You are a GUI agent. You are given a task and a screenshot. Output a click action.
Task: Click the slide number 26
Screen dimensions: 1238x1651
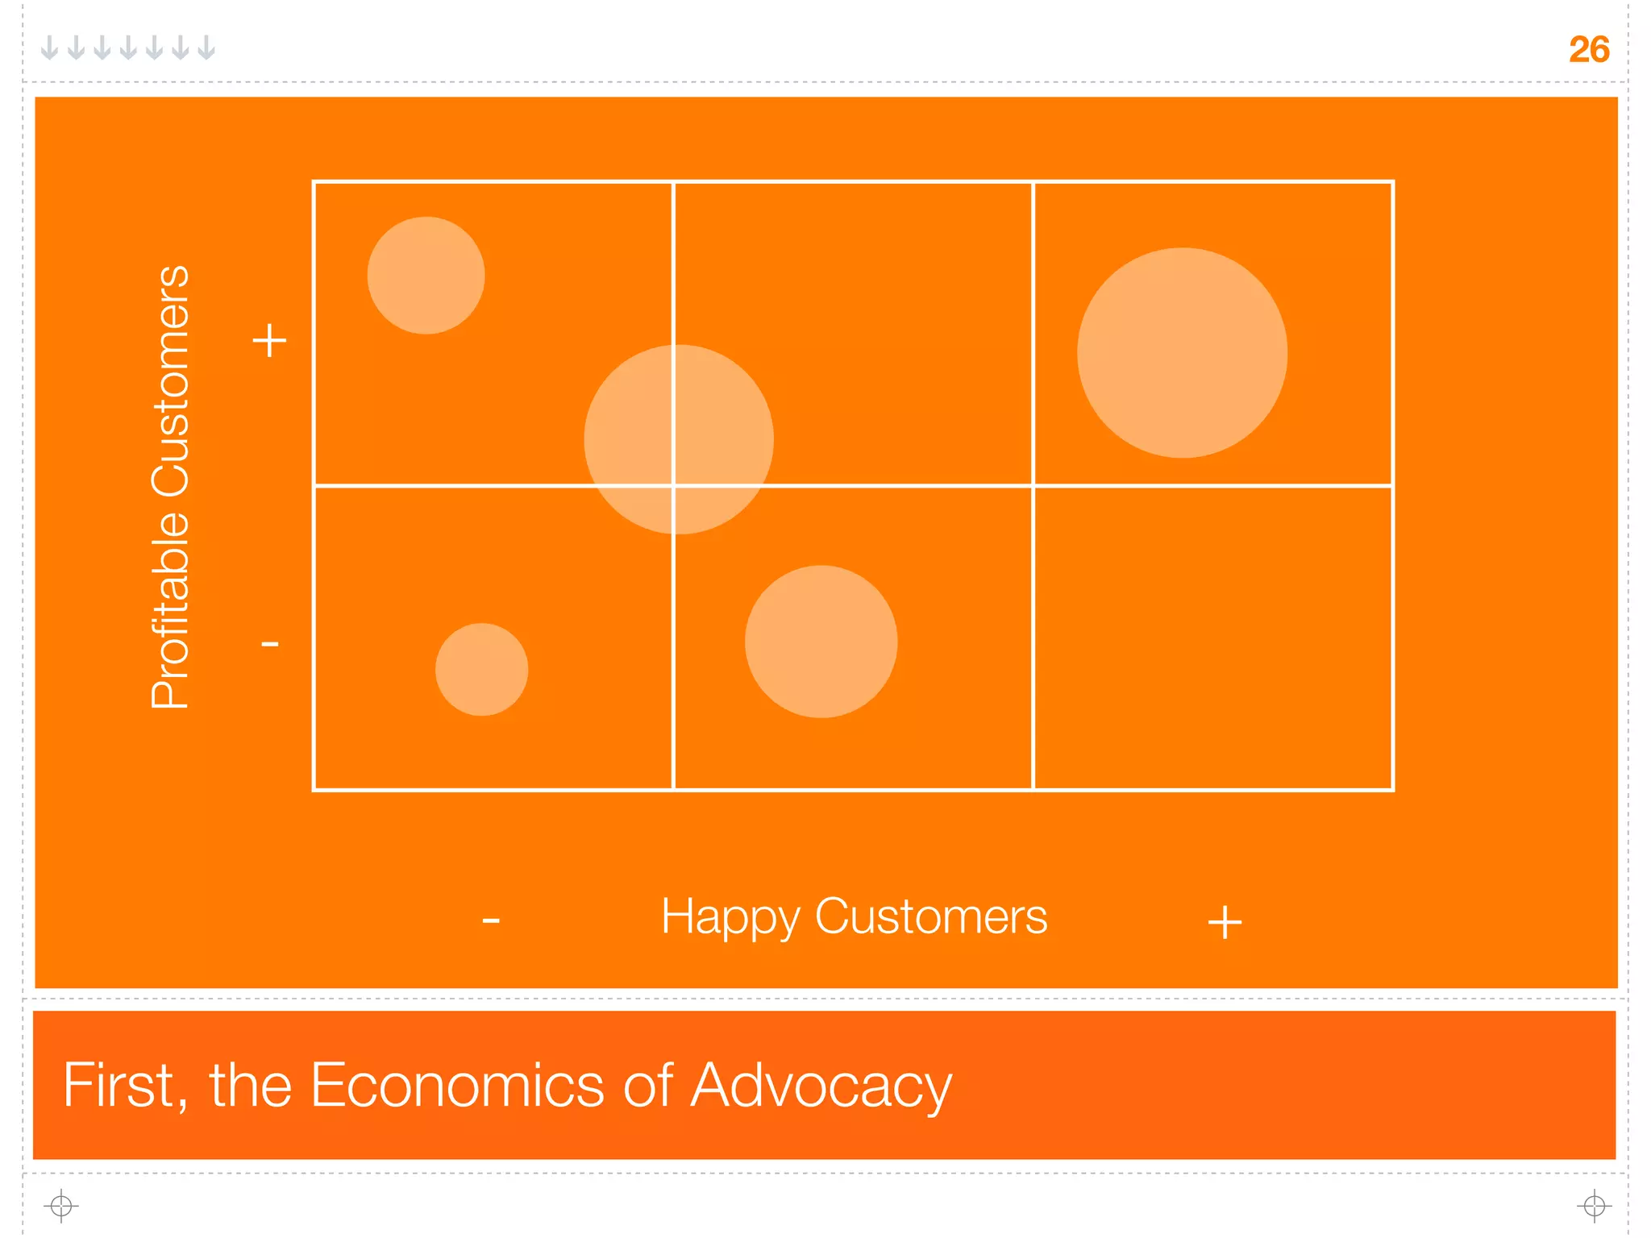click(1588, 50)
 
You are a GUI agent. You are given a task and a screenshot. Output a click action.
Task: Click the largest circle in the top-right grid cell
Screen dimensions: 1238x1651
click(1182, 353)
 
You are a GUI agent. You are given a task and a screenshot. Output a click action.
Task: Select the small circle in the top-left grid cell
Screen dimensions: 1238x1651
click(426, 276)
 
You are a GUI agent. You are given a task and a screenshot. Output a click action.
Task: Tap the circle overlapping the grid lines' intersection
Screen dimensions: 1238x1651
click(679, 439)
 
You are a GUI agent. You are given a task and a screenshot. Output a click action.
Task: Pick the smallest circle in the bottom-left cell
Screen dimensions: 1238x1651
click(481, 669)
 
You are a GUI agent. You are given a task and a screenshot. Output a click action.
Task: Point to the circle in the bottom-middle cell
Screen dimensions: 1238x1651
click(821, 642)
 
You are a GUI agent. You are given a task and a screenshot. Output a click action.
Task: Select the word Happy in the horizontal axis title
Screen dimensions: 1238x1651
click(730, 917)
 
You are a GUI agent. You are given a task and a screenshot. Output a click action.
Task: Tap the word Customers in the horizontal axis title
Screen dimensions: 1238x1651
click(931, 917)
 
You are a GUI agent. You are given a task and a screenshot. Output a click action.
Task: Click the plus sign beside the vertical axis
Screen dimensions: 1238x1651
click(269, 340)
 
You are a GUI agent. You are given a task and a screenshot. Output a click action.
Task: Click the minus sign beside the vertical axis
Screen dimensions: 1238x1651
click(269, 643)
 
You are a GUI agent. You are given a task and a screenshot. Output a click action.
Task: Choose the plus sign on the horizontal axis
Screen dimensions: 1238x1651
click(1225, 922)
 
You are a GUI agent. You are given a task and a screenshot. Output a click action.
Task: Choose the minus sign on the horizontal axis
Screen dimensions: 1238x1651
click(491, 920)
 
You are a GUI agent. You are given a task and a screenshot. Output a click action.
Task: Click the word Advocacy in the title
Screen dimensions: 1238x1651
click(821, 1086)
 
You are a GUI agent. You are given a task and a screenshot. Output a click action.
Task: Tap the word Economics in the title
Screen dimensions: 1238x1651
click(457, 1085)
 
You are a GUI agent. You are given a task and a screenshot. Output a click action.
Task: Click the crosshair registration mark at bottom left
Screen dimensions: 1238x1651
click(61, 1206)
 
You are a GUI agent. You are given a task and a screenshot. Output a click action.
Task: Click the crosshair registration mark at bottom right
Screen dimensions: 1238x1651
click(1594, 1206)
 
